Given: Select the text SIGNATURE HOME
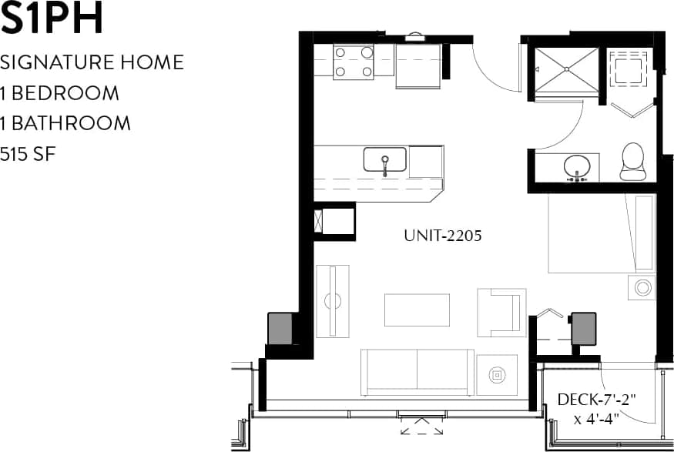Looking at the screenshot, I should (x=92, y=62).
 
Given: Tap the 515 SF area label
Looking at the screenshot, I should (x=29, y=154).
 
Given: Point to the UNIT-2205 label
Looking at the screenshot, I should (x=442, y=236).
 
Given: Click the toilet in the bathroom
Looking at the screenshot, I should (x=632, y=161).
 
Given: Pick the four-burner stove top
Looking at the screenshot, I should (x=354, y=62).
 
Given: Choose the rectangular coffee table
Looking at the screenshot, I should (x=417, y=310).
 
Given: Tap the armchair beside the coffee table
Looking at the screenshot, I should (x=501, y=312).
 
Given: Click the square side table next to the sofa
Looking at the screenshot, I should (x=497, y=375).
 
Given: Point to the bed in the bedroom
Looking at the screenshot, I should (x=601, y=233).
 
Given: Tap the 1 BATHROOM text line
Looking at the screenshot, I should (x=65, y=123).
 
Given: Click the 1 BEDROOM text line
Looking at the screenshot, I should (x=60, y=93).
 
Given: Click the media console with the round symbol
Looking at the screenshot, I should (x=333, y=300).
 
